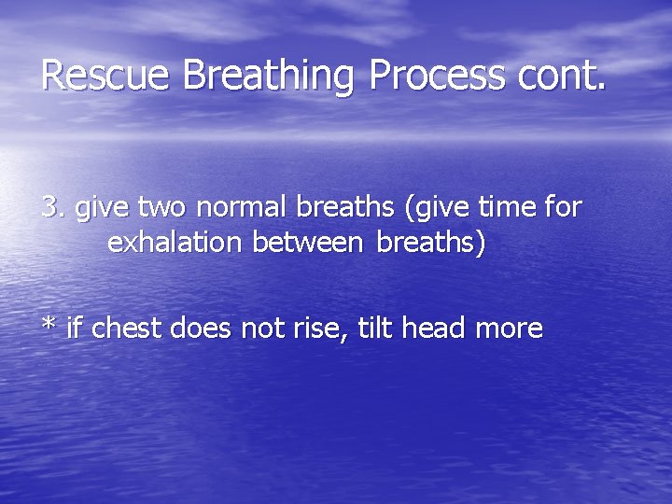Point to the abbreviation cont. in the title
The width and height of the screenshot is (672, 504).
point(556,75)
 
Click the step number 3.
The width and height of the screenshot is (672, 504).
point(52,207)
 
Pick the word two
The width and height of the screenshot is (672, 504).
point(161,207)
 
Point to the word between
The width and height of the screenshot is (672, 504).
point(305,243)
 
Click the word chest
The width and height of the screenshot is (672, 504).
point(125,329)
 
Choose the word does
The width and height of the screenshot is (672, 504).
point(203,329)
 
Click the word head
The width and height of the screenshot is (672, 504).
point(436,329)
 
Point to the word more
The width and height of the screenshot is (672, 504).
point(509,329)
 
